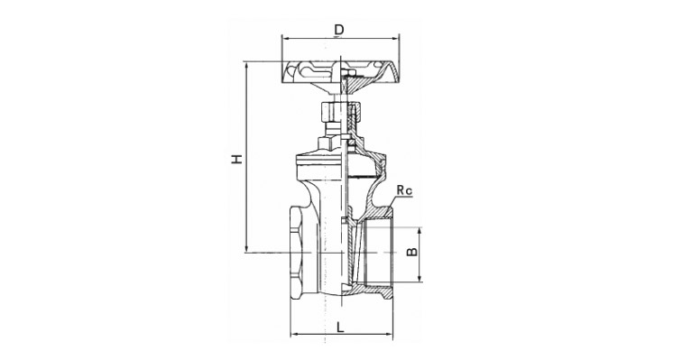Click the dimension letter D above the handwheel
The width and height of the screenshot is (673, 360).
coord(339,30)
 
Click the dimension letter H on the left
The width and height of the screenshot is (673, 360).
coord(237,158)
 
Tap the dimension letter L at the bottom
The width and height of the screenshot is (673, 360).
coord(340,328)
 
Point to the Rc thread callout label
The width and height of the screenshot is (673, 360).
coord(404,190)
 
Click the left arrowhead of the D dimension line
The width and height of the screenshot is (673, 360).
coord(284,39)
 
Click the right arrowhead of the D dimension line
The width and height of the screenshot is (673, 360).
coord(396,39)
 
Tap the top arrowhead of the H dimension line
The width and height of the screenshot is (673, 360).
coord(246,65)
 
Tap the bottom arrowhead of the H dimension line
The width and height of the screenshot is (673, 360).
coord(246,249)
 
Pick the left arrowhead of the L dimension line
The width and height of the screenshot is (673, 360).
coord(294,334)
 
